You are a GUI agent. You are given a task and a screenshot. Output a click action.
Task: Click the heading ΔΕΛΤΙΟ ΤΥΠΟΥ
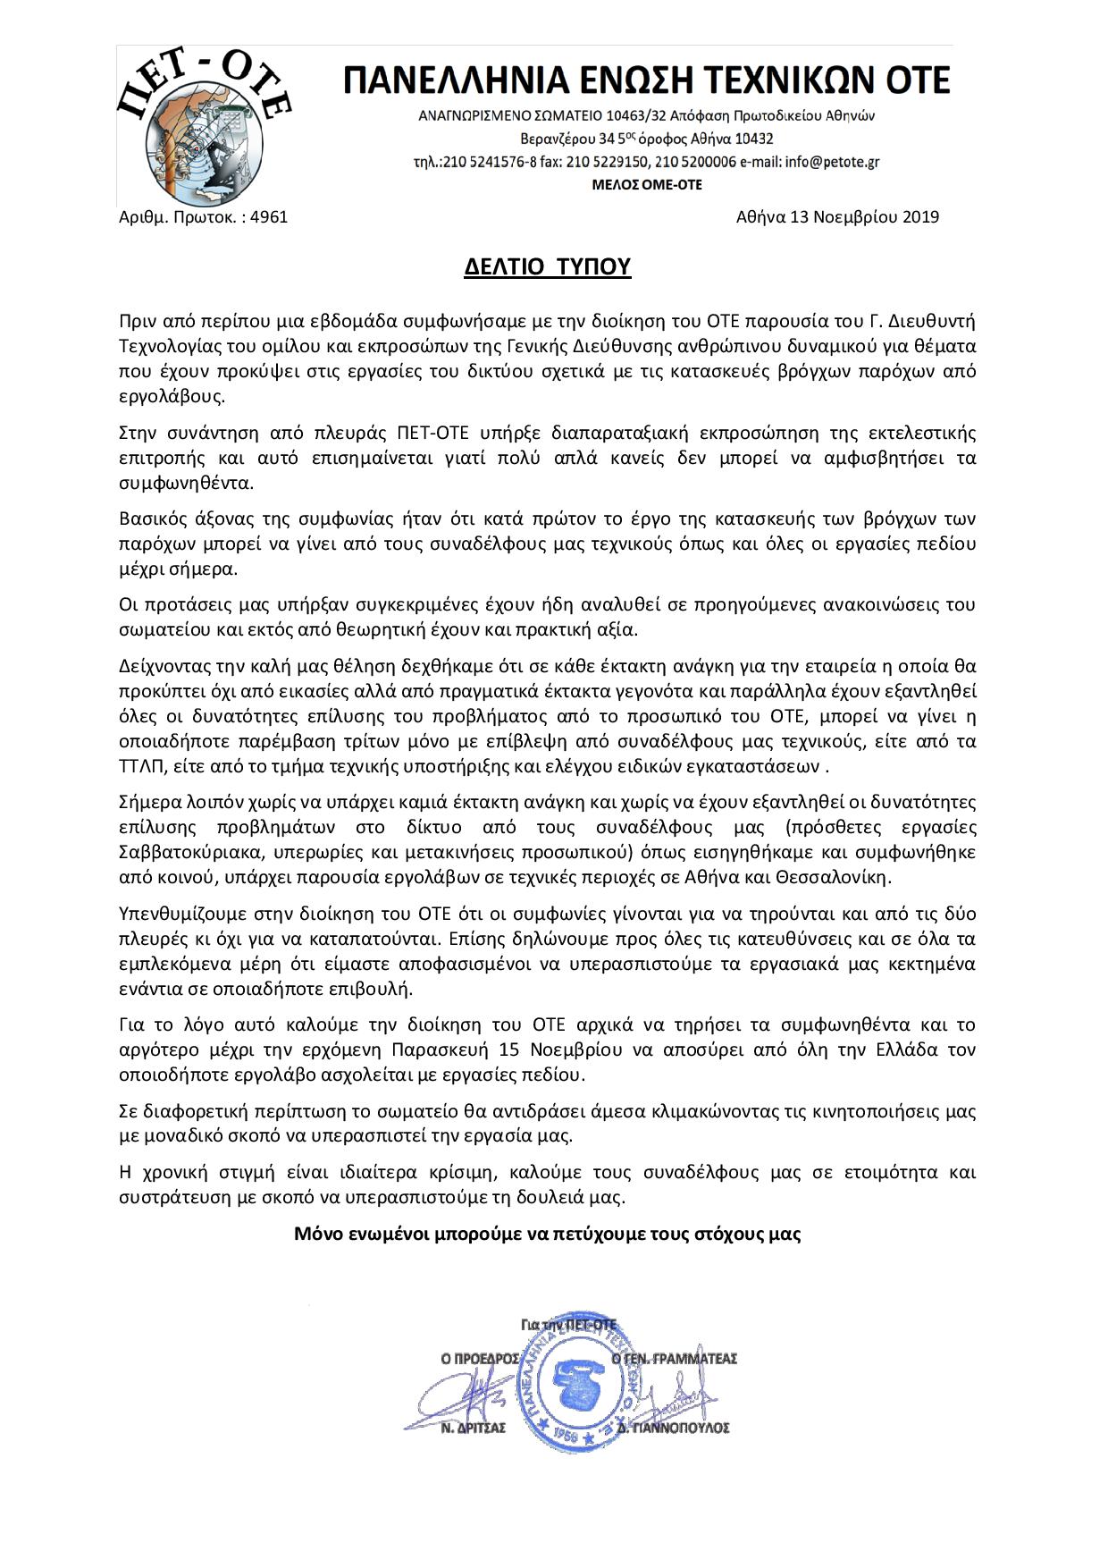pyautogui.click(x=547, y=266)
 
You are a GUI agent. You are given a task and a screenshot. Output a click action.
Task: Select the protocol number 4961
pyautogui.click(x=270, y=216)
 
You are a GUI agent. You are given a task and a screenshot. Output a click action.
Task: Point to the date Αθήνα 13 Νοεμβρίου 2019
pyautogui.click(x=837, y=216)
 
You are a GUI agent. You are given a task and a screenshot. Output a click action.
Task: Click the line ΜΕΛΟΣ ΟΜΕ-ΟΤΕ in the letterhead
pyautogui.click(x=647, y=185)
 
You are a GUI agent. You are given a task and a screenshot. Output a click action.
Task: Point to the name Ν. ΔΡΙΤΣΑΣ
pyautogui.click(x=474, y=1429)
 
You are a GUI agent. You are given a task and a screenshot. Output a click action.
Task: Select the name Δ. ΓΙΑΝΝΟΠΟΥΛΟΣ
pyautogui.click(x=685, y=1429)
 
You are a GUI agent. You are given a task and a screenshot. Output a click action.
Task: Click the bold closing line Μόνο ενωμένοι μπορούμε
pyautogui.click(x=547, y=1235)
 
